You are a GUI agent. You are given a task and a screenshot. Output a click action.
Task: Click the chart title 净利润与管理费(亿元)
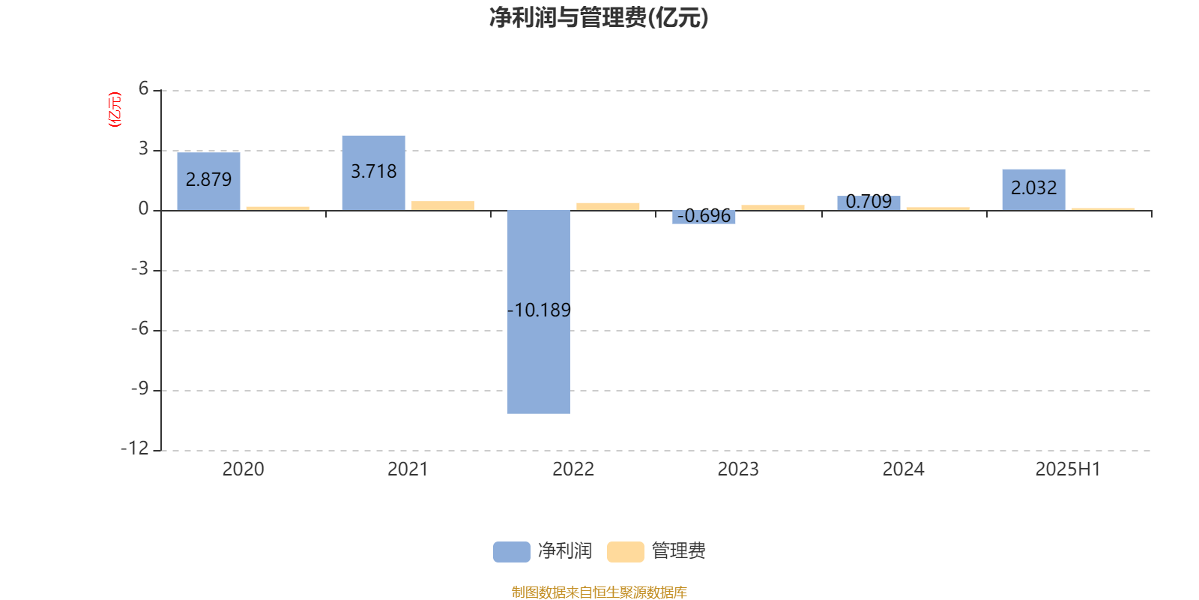click(599, 18)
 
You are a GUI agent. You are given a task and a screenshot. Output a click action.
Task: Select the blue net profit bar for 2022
click(539, 312)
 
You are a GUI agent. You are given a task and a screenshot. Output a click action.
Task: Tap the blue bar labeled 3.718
click(374, 173)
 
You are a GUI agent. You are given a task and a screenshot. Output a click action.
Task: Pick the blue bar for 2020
click(209, 181)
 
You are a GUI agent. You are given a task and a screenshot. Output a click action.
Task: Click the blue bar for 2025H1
click(1033, 190)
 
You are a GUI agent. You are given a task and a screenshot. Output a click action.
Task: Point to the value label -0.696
click(704, 215)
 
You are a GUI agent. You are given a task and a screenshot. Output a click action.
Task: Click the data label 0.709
click(869, 202)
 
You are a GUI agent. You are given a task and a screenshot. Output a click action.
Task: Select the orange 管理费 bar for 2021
click(443, 205)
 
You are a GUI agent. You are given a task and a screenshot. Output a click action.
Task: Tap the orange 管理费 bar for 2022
click(608, 207)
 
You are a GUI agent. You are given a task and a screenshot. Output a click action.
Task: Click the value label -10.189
click(539, 310)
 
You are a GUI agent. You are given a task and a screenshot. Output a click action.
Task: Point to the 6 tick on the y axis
click(143, 89)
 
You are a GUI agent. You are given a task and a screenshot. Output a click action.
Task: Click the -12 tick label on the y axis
click(135, 448)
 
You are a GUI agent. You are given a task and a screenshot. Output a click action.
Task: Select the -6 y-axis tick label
click(139, 328)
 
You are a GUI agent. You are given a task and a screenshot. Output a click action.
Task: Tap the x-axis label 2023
click(738, 469)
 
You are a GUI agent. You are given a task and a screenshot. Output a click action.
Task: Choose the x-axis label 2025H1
click(1068, 469)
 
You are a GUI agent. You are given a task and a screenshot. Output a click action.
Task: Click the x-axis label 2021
click(408, 469)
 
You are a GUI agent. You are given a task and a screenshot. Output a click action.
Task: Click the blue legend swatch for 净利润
click(512, 552)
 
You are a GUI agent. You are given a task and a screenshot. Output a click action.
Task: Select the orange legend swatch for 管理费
click(625, 552)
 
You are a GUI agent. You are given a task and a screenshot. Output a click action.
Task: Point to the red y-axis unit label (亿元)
click(115, 109)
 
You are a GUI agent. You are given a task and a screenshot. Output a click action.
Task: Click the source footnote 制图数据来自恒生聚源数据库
click(599, 592)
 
